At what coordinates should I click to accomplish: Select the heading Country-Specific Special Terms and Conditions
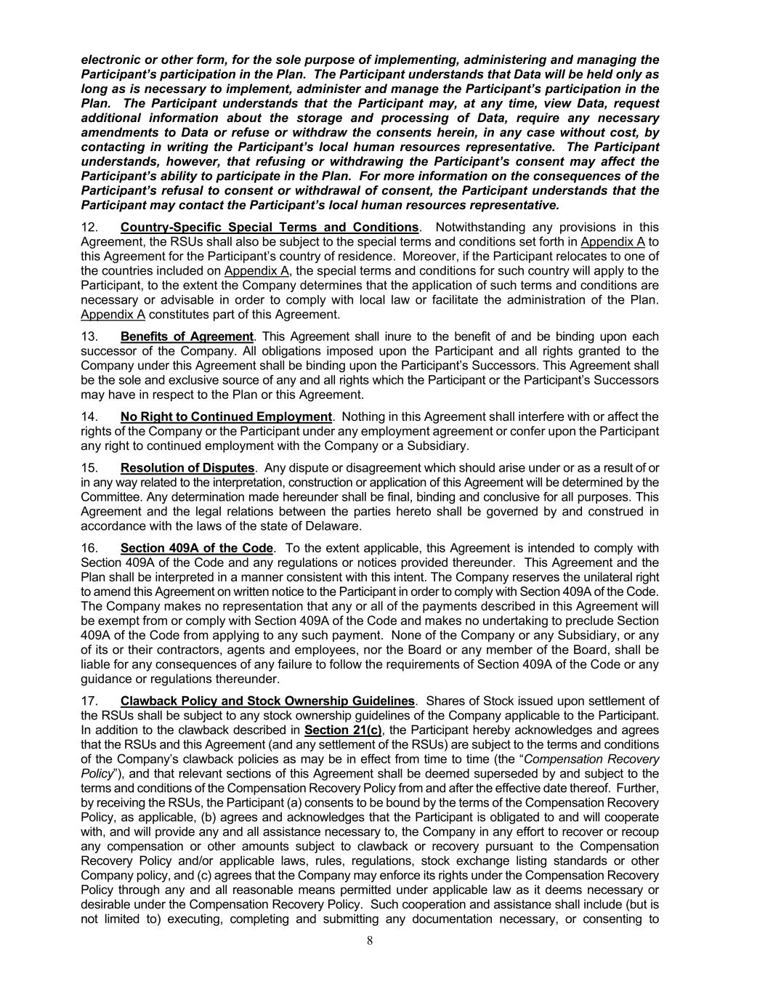[x=270, y=227]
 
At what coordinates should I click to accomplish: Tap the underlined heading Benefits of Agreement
[x=187, y=336]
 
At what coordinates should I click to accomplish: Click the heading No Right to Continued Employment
[x=226, y=416]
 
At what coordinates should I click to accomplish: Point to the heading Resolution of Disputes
[x=187, y=467]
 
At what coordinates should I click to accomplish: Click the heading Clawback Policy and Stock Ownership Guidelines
[x=267, y=701]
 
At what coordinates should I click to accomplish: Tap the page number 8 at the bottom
[x=370, y=940]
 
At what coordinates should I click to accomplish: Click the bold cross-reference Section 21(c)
[x=343, y=730]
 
